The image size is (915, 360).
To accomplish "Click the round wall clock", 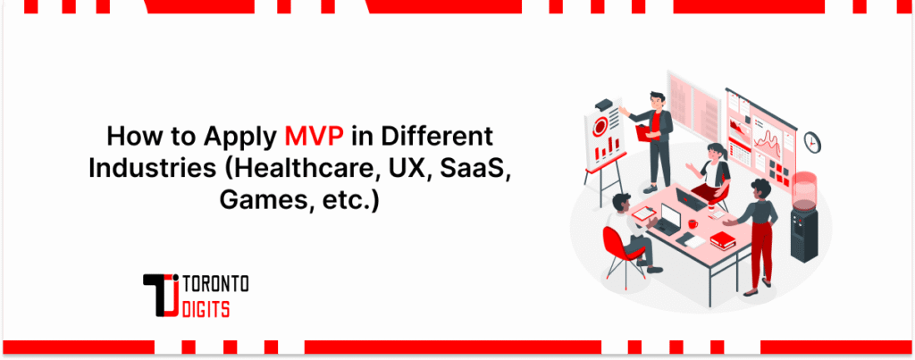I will pyautogui.click(x=812, y=142).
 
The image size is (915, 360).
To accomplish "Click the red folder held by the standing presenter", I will pyautogui.click(x=641, y=134).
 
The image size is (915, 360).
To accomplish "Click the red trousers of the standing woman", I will pyautogui.click(x=761, y=250).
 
